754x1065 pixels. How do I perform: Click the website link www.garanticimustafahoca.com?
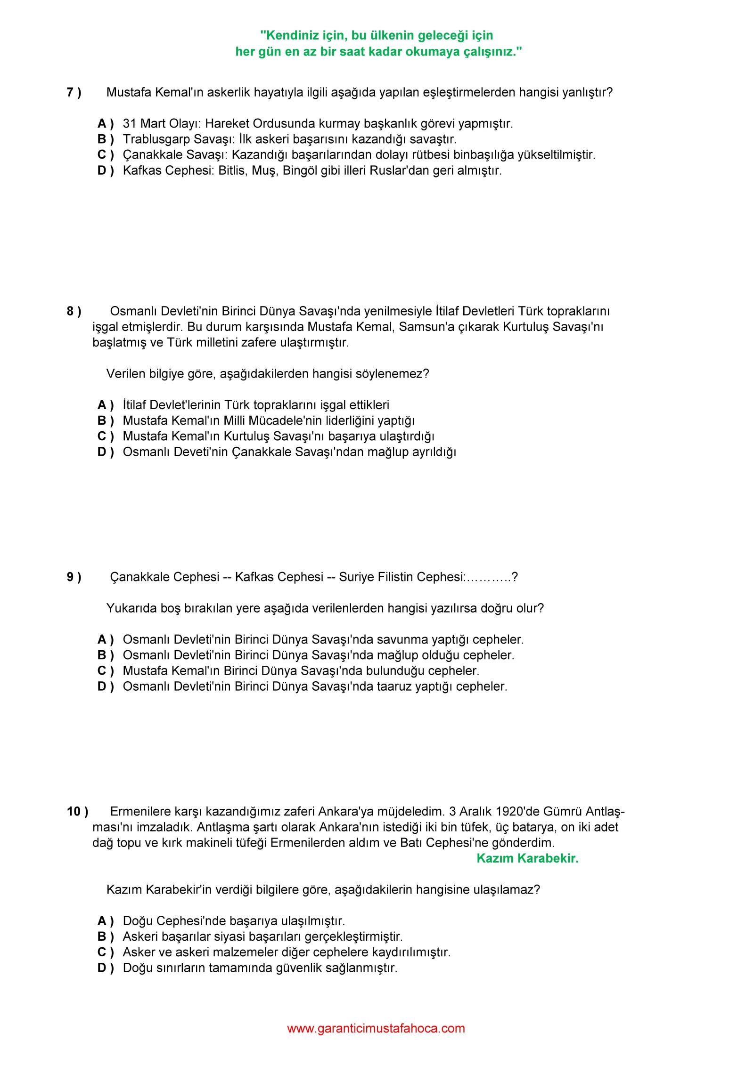[x=376, y=1028]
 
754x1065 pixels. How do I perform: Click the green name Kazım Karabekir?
[x=527, y=858]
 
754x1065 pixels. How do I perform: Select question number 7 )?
[x=74, y=92]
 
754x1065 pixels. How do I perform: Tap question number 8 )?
[x=74, y=311]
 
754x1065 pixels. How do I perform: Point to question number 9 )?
[x=74, y=577]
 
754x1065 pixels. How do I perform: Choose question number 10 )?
[x=77, y=811]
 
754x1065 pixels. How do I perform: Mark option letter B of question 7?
[x=106, y=139]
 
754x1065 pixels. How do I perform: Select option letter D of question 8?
[x=106, y=452]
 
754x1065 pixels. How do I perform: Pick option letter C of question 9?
[x=106, y=670]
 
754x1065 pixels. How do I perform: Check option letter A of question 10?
[x=106, y=920]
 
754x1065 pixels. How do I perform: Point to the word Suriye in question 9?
[x=356, y=577]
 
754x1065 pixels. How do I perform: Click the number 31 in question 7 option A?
[x=130, y=124]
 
